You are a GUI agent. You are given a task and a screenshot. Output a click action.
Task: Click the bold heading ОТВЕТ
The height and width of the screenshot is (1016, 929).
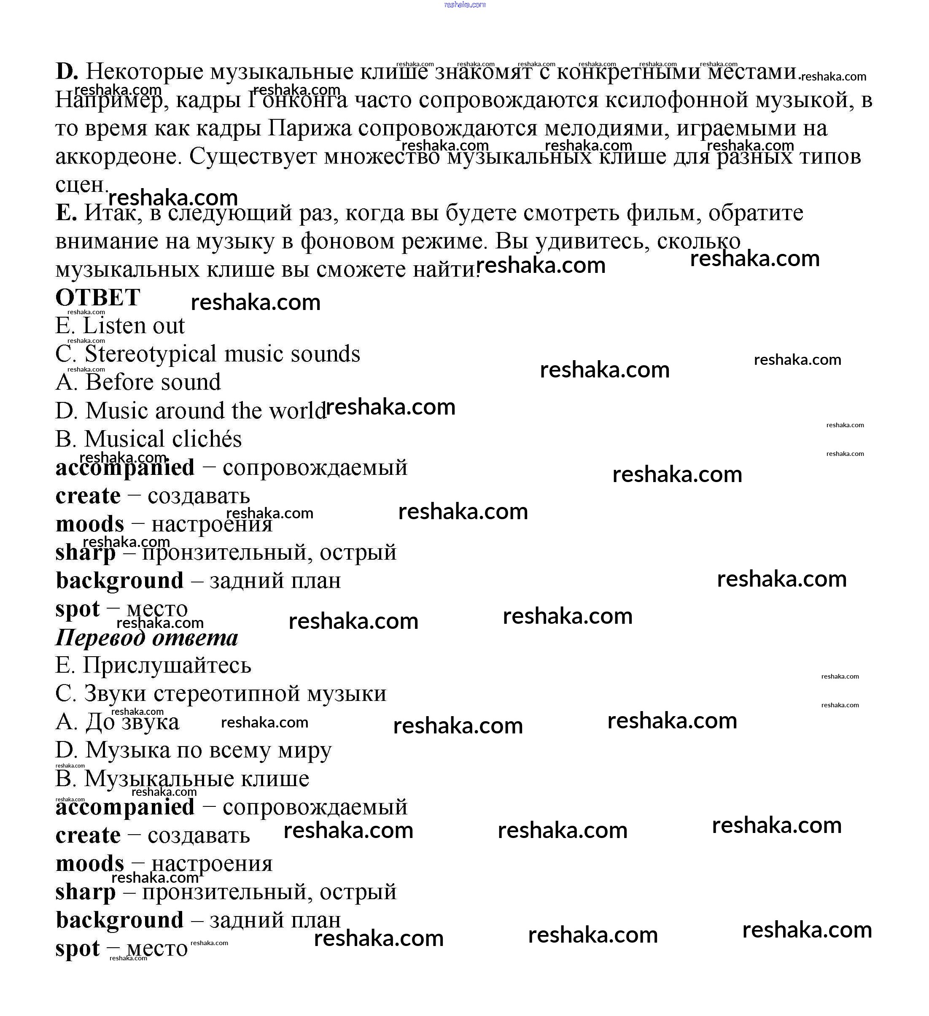pos(98,297)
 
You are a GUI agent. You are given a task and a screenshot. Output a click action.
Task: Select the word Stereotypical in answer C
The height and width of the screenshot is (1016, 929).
pos(151,354)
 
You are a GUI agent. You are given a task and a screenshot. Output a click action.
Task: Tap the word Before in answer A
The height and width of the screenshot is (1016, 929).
pos(118,382)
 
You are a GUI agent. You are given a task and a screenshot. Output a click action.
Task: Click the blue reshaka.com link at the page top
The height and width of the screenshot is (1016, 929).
pos(465,5)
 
